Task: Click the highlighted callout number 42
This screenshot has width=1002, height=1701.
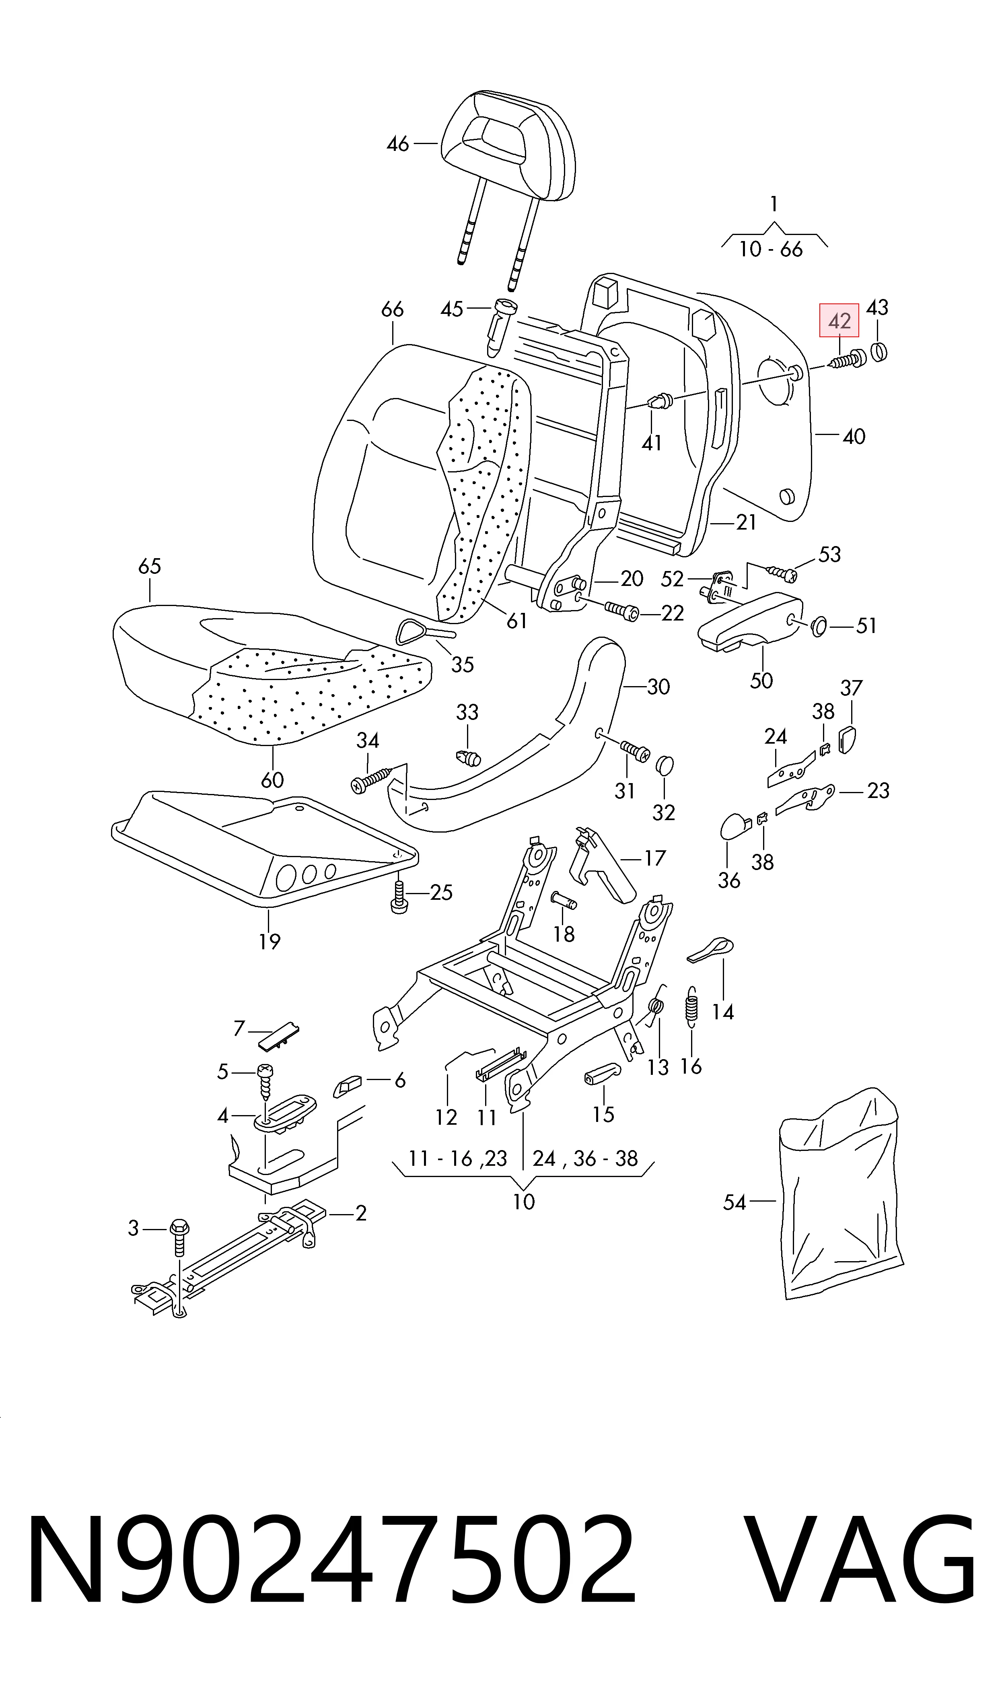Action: point(839,321)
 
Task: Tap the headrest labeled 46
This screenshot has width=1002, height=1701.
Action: point(508,145)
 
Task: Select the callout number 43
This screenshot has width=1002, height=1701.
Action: point(877,308)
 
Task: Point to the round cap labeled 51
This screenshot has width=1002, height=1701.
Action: point(818,627)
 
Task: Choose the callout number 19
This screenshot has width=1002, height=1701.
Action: point(270,941)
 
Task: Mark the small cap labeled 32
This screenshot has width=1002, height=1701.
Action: point(665,765)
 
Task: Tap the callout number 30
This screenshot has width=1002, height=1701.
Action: point(658,687)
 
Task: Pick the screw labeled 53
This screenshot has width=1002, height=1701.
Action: point(782,573)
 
